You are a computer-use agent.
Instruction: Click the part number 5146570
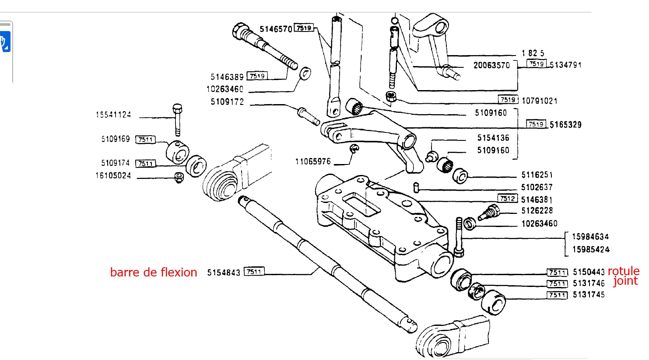click(x=276, y=29)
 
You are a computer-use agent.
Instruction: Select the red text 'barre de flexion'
click(x=154, y=273)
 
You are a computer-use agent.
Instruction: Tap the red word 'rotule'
click(x=624, y=271)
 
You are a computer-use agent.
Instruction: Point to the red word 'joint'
click(x=625, y=281)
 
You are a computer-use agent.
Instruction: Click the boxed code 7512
click(x=508, y=199)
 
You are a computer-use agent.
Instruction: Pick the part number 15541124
click(x=113, y=115)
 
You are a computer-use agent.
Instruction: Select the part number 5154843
click(x=224, y=273)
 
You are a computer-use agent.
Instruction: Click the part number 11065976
click(x=313, y=162)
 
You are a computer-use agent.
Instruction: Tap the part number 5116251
click(x=537, y=175)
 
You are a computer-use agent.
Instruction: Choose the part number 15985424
click(x=591, y=250)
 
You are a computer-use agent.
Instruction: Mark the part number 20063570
click(x=491, y=66)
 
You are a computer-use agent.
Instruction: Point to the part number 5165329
click(x=565, y=125)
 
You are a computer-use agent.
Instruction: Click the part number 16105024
click(x=113, y=176)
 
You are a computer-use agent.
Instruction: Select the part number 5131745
click(x=589, y=295)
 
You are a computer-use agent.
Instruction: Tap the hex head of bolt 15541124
click(x=177, y=108)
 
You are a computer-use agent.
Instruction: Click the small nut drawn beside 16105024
click(x=179, y=178)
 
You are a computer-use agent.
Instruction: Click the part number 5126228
click(x=537, y=211)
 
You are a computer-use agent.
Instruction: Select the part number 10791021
click(x=540, y=101)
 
